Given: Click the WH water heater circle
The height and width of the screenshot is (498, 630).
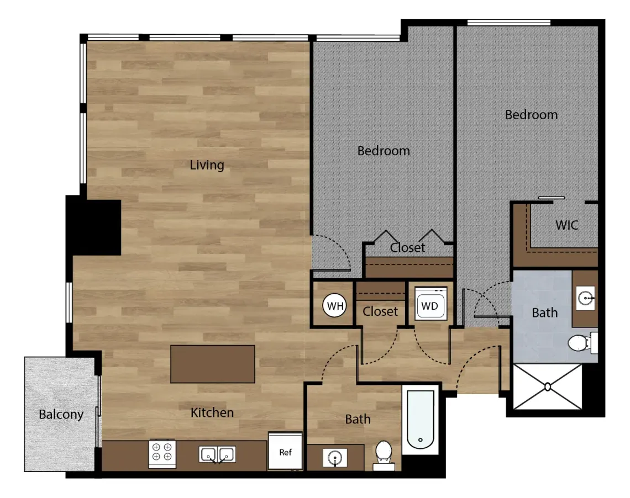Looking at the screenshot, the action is click(x=335, y=306).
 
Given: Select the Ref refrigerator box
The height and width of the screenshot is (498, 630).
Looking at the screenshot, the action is click(x=285, y=451).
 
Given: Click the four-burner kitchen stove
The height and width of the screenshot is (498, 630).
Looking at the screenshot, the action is click(x=162, y=453).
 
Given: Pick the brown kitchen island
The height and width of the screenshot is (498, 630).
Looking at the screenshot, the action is click(x=213, y=364).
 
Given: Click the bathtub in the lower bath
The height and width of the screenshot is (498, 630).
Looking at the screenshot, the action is click(x=420, y=420).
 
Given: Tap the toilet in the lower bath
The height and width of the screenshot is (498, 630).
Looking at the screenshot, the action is click(x=384, y=455).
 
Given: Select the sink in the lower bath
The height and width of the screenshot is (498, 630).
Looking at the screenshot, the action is click(x=335, y=458).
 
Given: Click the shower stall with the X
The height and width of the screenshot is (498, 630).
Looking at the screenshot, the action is click(x=548, y=387).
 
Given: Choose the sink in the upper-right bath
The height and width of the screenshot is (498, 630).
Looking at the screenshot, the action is click(x=585, y=298).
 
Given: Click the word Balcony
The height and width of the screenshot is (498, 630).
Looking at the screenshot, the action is click(x=61, y=414).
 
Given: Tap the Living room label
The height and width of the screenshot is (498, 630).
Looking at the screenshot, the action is click(x=207, y=165).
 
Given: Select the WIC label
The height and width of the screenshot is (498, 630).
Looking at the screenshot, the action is click(x=567, y=225).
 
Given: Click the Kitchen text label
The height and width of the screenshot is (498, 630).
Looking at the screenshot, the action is click(x=212, y=412).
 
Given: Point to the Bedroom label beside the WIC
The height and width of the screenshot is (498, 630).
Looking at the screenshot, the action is click(x=531, y=115).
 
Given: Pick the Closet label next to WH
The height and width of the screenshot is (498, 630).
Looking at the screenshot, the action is click(x=380, y=311).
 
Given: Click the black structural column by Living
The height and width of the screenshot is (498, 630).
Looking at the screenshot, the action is click(x=93, y=225).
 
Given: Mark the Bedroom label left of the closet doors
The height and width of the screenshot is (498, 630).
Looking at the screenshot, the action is click(x=384, y=151).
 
